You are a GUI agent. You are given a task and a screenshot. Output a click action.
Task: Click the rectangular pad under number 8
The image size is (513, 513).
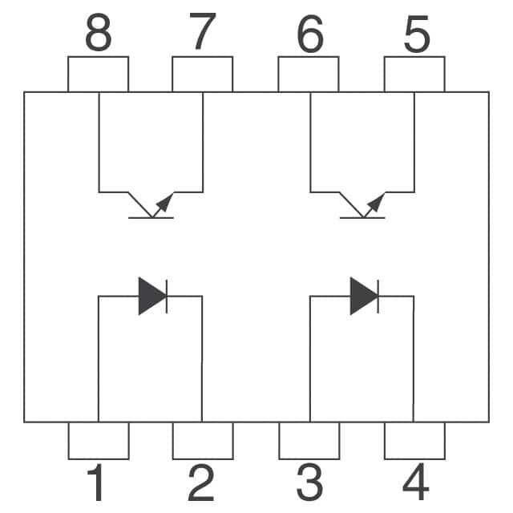click(x=98, y=75)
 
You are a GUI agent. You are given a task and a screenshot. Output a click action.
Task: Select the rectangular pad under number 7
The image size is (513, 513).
click(x=203, y=75)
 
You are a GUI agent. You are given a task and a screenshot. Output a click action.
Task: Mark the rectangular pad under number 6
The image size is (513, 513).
click(x=309, y=75)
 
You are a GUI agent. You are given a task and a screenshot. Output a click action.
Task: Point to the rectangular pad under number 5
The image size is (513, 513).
click(x=414, y=75)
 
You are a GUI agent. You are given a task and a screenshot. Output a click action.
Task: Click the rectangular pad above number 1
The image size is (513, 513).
click(x=99, y=440)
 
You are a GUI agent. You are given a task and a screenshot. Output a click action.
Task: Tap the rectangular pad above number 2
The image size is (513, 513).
click(x=203, y=440)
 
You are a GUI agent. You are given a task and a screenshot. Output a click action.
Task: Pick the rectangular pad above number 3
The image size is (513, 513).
click(x=309, y=440)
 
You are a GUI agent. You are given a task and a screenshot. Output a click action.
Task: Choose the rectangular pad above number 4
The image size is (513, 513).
click(x=414, y=440)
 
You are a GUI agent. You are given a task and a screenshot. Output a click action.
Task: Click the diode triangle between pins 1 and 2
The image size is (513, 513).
click(x=151, y=296)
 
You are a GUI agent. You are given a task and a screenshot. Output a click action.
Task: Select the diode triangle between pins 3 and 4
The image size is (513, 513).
click(x=363, y=296)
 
